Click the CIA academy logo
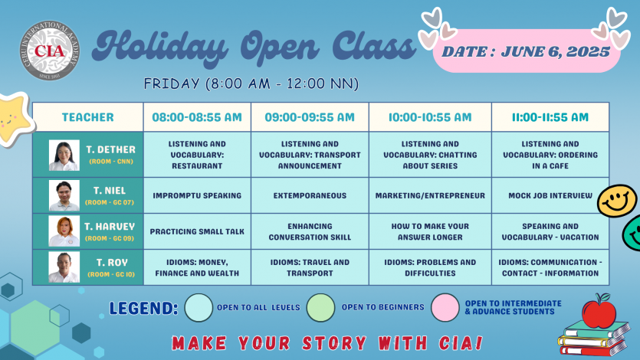pos(49,50)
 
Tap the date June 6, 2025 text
pos(526,52)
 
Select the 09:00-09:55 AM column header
pos(310,117)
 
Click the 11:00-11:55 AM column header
pos(550,117)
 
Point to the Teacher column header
pos(87,117)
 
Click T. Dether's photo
pos(64,155)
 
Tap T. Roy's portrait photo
pos(64,267)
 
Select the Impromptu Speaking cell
pos(197,195)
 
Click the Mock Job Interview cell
pos(550,195)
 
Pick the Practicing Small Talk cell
pos(197,231)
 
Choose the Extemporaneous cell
pos(310,195)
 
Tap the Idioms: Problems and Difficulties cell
pos(430,267)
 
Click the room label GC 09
pos(110,238)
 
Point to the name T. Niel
pos(110,191)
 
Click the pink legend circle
pos(445,308)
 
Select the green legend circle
pos(321,308)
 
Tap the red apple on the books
pos(599,312)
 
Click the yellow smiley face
pos(617,201)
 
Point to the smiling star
pos(12,119)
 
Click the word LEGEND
pos(143,308)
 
